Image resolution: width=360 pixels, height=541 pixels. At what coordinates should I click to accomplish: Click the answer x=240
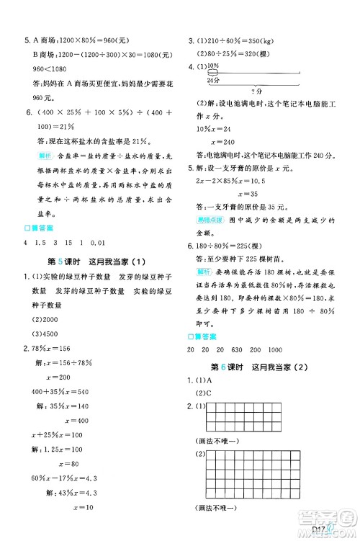coord(250,142)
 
